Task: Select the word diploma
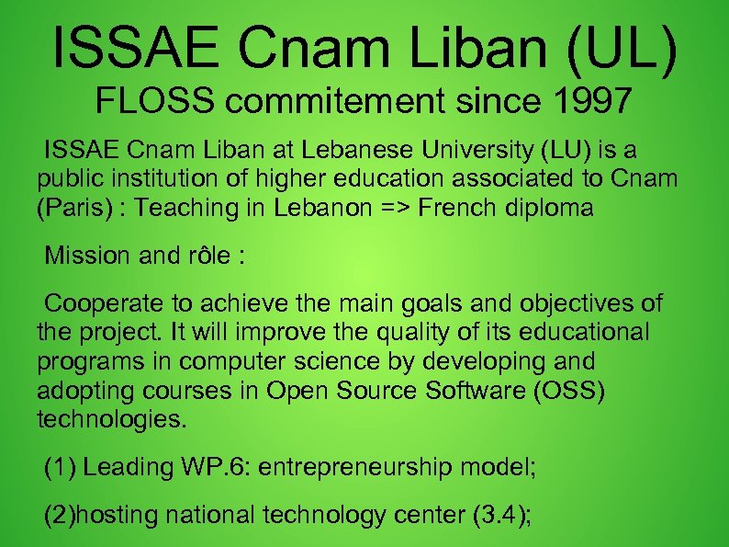(x=548, y=208)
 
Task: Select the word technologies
(x=111, y=420)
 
